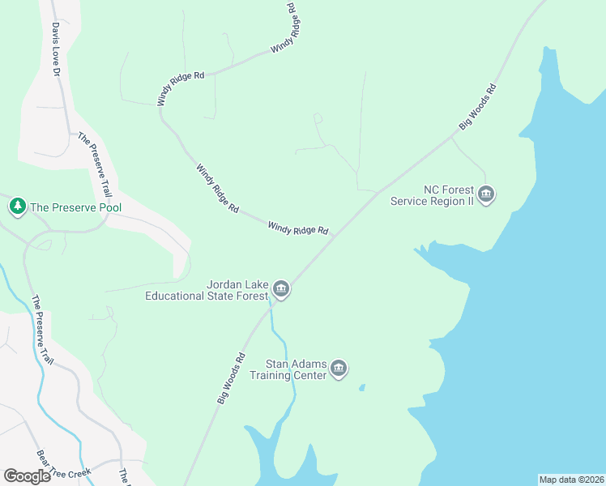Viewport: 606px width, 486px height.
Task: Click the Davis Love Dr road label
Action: (x=56, y=49)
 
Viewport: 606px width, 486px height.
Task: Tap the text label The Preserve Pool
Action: (x=75, y=207)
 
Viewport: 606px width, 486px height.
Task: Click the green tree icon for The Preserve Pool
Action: (x=17, y=207)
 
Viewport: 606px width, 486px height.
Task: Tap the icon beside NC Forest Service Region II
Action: (x=486, y=194)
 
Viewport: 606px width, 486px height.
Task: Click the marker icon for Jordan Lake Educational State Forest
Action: (x=280, y=289)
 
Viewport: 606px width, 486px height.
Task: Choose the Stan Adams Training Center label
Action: (x=288, y=369)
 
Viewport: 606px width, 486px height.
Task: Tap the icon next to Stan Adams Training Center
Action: (x=339, y=370)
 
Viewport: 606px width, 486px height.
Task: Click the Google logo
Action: (x=28, y=475)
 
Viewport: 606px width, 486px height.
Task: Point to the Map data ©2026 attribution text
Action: (x=570, y=480)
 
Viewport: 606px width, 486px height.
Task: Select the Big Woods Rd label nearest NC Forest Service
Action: (x=477, y=107)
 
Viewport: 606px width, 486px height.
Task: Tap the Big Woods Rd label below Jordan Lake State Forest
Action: (x=231, y=377)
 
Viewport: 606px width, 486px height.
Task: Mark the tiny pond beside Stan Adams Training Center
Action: (x=361, y=387)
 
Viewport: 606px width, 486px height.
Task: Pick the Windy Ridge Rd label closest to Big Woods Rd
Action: (x=297, y=230)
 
